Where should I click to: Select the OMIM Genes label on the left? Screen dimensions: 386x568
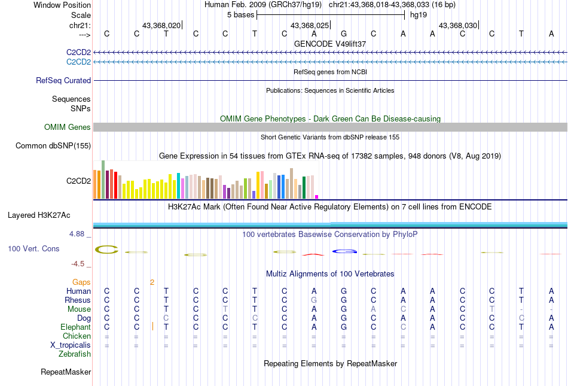coord(68,127)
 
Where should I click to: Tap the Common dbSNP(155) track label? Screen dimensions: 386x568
coord(53,145)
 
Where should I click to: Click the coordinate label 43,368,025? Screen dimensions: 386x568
coord(310,26)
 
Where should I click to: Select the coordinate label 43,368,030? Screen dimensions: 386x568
coord(458,26)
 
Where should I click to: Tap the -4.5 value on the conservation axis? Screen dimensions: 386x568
coord(77,263)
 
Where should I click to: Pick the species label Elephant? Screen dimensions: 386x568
coord(75,327)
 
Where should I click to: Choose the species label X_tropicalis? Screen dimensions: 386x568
coord(71,345)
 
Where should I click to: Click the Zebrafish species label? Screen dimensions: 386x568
coord(75,354)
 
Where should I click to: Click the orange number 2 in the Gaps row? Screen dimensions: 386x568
coord(152,282)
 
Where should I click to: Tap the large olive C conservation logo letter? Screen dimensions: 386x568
coord(107,249)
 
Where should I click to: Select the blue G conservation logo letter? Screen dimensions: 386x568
coord(344,251)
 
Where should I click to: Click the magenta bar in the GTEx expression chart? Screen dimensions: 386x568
coord(317,196)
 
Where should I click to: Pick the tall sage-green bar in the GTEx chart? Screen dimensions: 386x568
coord(103,179)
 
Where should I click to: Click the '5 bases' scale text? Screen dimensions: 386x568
coord(240,14)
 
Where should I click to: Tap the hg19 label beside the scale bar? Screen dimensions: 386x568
coord(418,14)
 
